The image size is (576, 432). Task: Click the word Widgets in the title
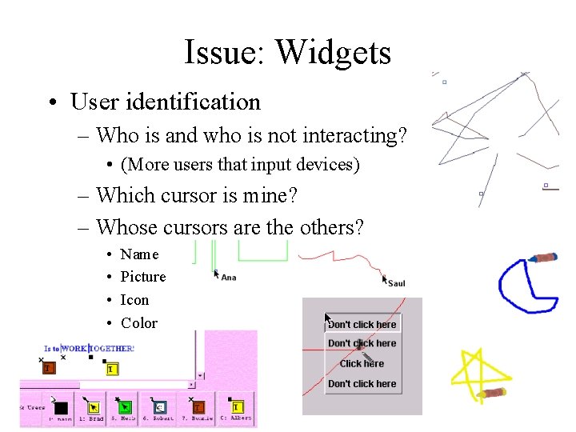pyautogui.click(x=334, y=53)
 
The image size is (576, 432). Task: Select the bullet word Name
pyautogui.click(x=139, y=254)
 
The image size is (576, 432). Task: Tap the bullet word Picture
pyautogui.click(x=143, y=277)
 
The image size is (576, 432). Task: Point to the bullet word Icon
pyautogui.click(x=134, y=300)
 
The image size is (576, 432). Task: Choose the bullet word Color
pyautogui.click(x=138, y=323)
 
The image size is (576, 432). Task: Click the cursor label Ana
pyautogui.click(x=228, y=278)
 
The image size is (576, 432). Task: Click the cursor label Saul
pyautogui.click(x=396, y=283)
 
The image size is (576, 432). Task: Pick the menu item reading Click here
pyautogui.click(x=362, y=363)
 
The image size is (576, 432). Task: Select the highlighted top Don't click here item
pyautogui.click(x=362, y=324)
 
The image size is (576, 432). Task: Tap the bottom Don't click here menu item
pyautogui.click(x=362, y=384)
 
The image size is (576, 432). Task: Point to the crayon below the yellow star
pyautogui.click(x=491, y=393)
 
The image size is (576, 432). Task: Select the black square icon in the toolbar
pyautogui.click(x=61, y=407)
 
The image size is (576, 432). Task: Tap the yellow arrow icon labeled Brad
pyautogui.click(x=93, y=406)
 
